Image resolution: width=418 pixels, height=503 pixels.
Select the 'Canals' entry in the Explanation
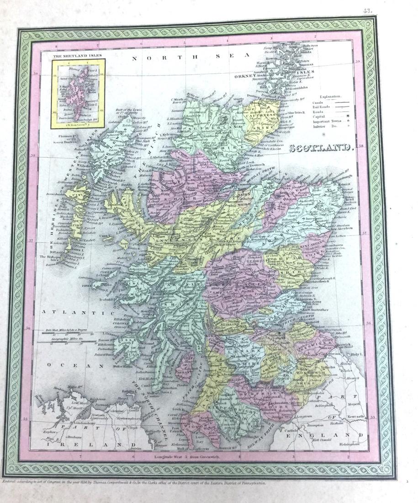coord(318,103)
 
